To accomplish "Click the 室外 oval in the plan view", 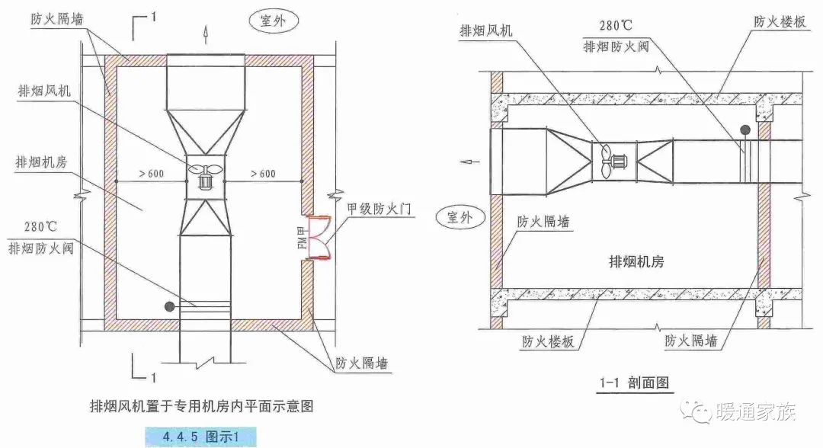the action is pyautogui.click(x=272, y=21).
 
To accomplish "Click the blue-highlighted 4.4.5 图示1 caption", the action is pyautogui.click(x=200, y=437).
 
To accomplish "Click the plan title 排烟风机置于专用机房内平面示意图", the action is pyautogui.click(x=202, y=406).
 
